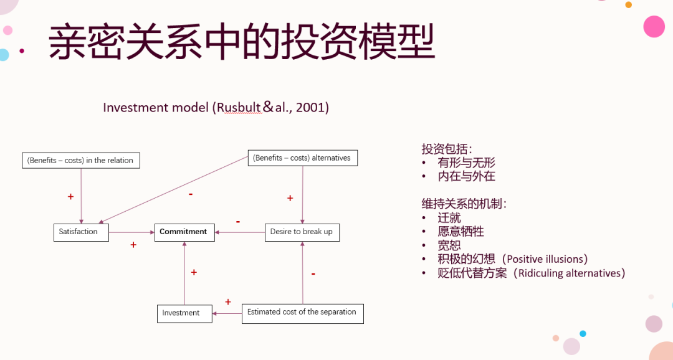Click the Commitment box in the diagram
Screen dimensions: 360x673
coord(184,232)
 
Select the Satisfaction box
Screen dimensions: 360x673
coord(80,232)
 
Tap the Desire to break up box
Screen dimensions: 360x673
coord(302,232)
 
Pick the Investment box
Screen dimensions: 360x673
coord(181,313)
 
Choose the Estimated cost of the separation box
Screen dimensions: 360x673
coord(302,312)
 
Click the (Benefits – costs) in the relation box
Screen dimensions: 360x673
coord(81,160)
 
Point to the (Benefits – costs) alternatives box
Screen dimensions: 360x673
coord(302,158)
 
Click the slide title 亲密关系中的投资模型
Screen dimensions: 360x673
coord(242,42)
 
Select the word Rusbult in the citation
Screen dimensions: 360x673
coord(237,108)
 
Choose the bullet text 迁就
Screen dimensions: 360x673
coord(449,218)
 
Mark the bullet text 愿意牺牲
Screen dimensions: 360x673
coord(461,232)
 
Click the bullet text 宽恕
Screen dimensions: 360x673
coord(449,245)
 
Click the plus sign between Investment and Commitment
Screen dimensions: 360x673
coord(194,272)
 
